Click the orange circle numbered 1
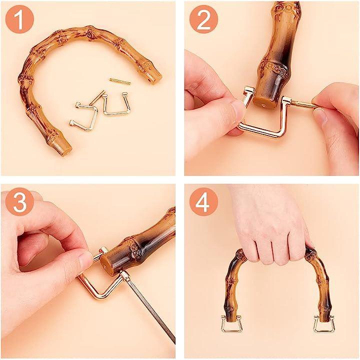coord(19,19)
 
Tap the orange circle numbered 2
coord(203,19)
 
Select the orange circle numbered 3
coord(19,202)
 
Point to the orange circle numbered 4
coord(203,202)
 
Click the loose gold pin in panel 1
coord(120,81)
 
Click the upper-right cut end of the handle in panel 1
coord(155,78)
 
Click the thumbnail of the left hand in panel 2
coord(236,108)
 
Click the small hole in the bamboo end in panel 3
coord(105,267)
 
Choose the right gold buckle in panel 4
coord(324,323)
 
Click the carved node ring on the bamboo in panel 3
coord(135,249)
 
